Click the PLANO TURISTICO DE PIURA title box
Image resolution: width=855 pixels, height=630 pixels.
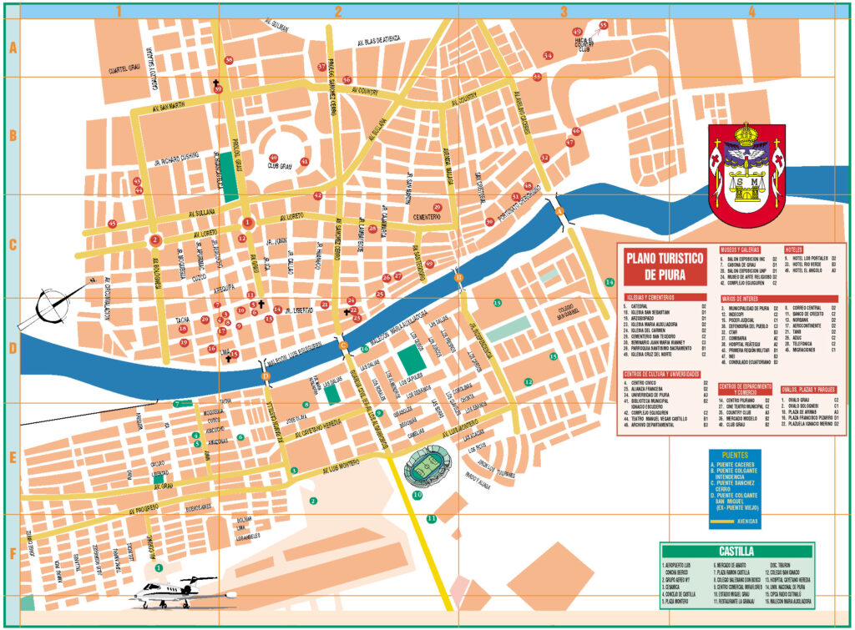click(x=663, y=266)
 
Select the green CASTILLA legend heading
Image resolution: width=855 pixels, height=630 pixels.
click(x=736, y=552)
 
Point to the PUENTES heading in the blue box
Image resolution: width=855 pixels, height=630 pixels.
click(x=735, y=456)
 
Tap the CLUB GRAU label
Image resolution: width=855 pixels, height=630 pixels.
click(x=279, y=165)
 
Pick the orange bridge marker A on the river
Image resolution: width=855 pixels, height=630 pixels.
click(x=559, y=209)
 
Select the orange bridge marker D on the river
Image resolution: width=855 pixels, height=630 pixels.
click(x=266, y=377)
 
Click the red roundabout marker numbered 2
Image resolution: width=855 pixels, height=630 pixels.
click(x=155, y=240)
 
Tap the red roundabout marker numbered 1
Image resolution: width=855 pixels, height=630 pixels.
click(x=247, y=222)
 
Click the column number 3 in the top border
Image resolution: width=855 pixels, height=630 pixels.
click(x=564, y=12)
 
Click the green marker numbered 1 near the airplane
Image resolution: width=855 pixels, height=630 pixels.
click(x=159, y=567)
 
